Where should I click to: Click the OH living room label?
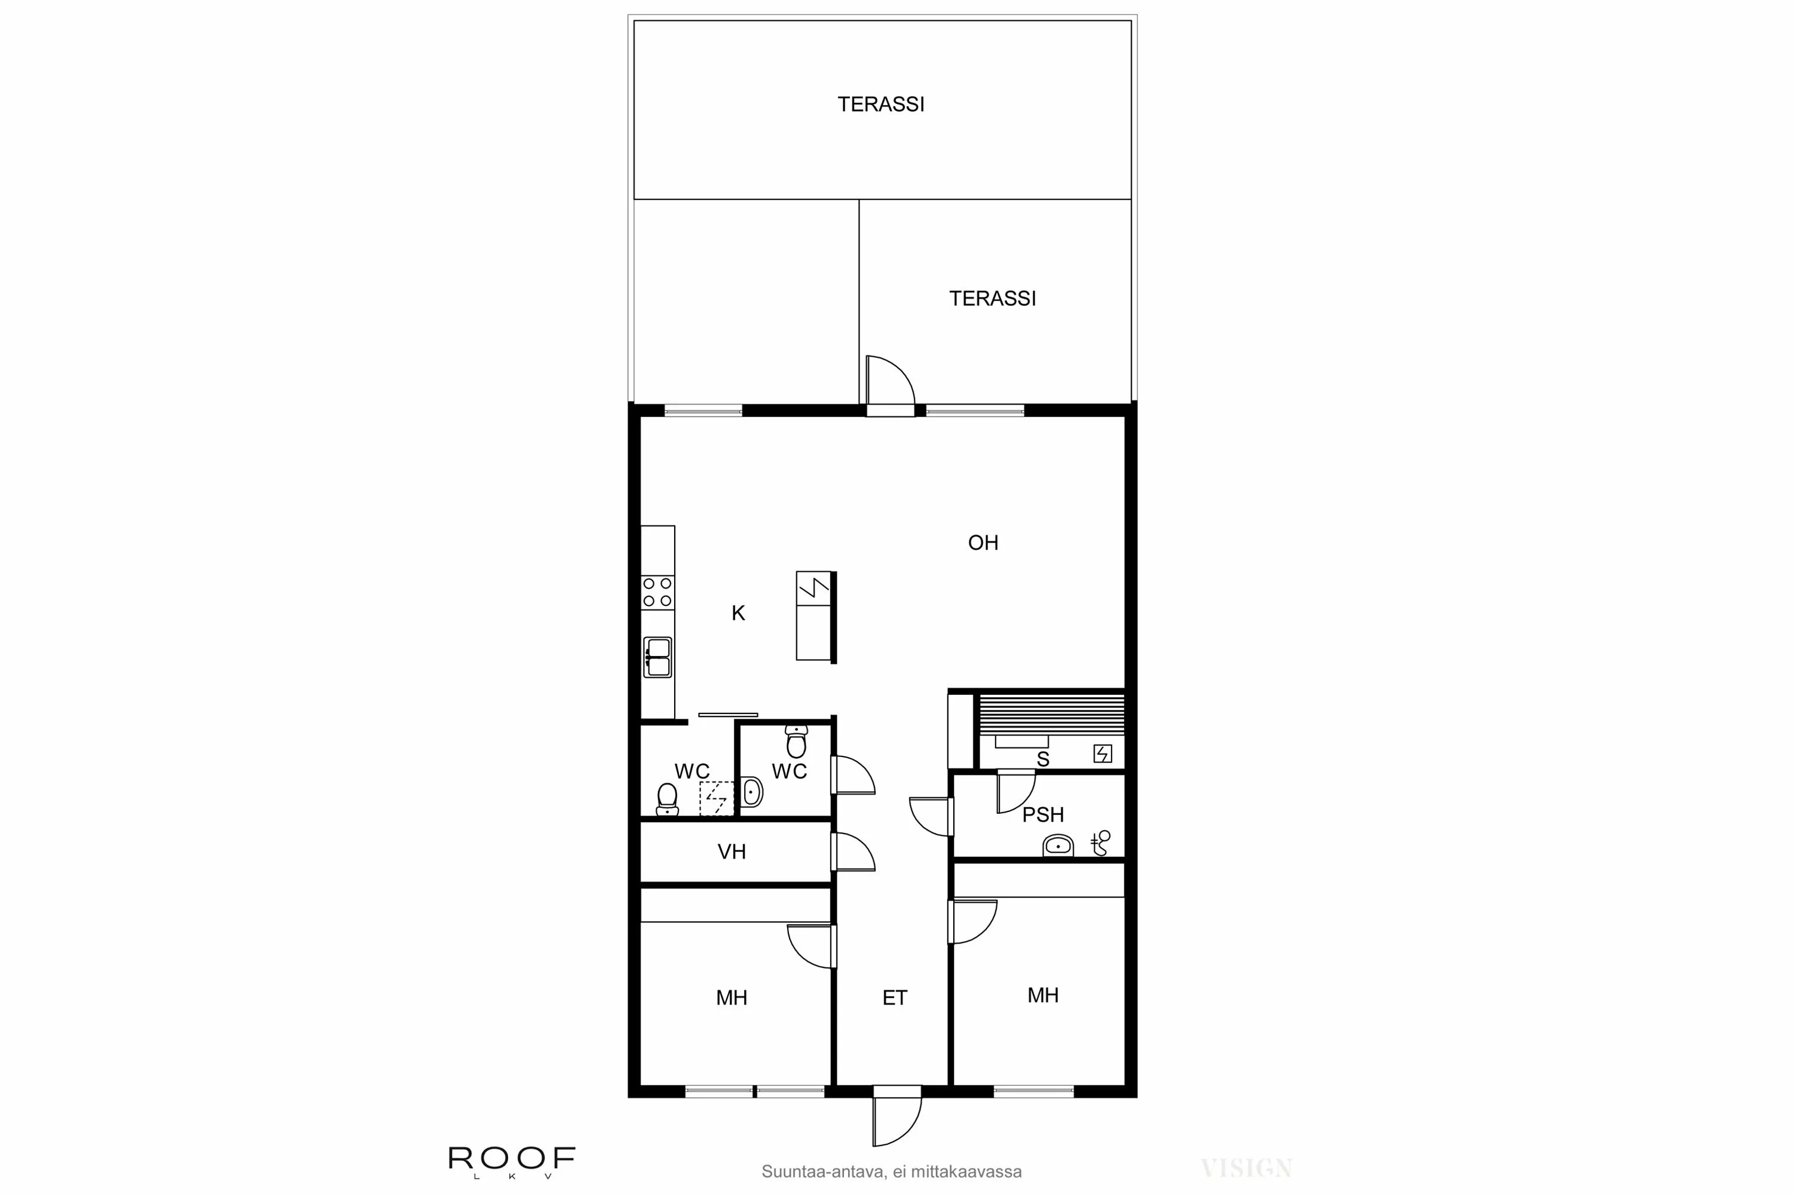983,543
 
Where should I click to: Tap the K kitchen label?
738,613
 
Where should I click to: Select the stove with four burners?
657,592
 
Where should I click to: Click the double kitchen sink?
657,657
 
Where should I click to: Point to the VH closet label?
731,851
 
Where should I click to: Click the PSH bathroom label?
1042,815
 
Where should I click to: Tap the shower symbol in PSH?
1101,843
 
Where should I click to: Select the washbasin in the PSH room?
1057,845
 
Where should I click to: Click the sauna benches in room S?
1051,713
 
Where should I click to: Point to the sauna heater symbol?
1102,753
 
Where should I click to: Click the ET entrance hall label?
894,998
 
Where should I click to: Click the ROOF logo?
512,1159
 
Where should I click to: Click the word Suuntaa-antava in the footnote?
822,1171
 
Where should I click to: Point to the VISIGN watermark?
1246,1168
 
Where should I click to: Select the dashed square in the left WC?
717,798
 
